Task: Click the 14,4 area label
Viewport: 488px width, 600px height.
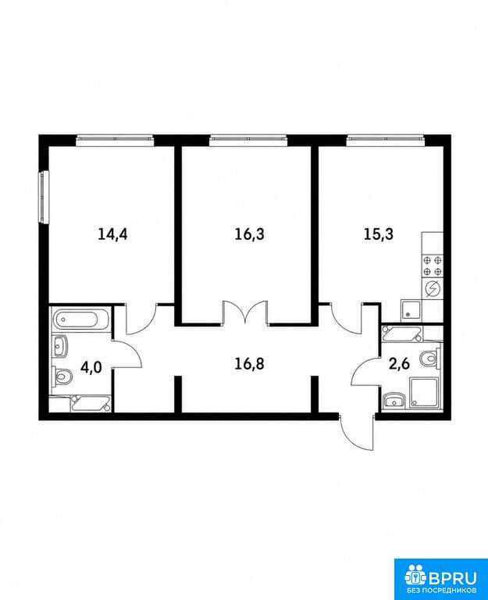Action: coord(112,234)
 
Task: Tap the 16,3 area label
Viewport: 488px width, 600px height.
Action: coord(249,234)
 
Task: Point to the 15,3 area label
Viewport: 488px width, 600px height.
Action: coord(378,234)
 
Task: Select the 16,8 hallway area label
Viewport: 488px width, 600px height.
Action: coord(249,364)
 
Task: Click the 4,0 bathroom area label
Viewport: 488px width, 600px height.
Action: coord(91,367)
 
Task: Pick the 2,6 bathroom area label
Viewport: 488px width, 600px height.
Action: coord(399,363)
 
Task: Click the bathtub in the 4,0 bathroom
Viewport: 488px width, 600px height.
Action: coord(81,320)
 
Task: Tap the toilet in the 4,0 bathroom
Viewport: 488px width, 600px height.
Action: coord(62,376)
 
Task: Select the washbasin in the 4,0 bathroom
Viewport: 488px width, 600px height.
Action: coord(60,346)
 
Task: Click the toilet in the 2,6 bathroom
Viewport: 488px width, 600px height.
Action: coord(430,359)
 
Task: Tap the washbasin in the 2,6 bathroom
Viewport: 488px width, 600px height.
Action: coord(394,401)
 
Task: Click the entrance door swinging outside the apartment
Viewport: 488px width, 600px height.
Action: coord(357,432)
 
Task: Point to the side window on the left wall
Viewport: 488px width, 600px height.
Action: coord(44,196)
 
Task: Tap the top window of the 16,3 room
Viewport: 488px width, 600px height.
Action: coord(248,140)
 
